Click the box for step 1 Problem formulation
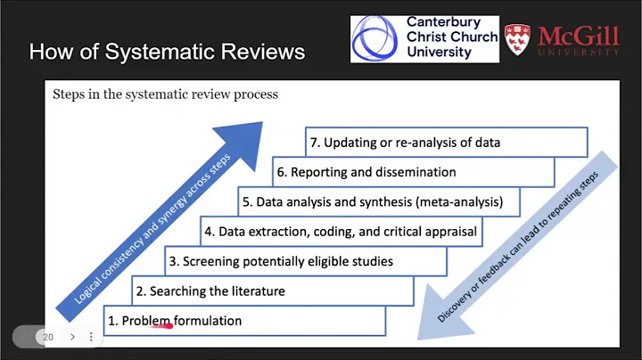click(x=244, y=321)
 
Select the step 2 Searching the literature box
click(x=273, y=290)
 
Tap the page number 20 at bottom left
click(x=49, y=337)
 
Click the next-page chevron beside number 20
click(x=72, y=337)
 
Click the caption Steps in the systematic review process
click(x=165, y=94)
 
